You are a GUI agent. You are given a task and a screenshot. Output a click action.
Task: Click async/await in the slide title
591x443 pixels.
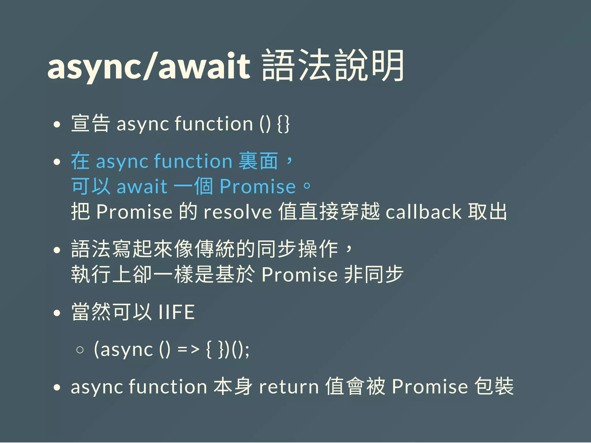[149, 66]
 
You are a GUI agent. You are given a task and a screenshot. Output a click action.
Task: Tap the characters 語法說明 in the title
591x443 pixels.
[333, 66]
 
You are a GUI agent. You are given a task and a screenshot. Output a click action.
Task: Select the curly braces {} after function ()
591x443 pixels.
[283, 124]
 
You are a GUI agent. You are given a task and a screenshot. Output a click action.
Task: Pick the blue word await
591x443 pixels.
[142, 186]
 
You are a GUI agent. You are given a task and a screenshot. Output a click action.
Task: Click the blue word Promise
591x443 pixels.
[258, 186]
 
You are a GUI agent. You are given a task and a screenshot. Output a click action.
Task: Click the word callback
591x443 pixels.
[424, 212]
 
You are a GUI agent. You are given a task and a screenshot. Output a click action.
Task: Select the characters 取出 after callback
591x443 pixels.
[487, 212]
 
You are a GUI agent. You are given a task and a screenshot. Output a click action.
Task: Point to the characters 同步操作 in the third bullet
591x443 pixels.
[297, 249]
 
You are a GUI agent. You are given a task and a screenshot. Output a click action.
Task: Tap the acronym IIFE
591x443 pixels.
[177, 312]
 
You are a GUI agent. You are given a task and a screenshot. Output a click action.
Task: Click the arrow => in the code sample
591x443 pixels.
[188, 350]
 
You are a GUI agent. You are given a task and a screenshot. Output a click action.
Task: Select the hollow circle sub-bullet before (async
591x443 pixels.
[80, 350]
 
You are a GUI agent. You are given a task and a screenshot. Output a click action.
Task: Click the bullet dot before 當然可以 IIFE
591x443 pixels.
[57, 313]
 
